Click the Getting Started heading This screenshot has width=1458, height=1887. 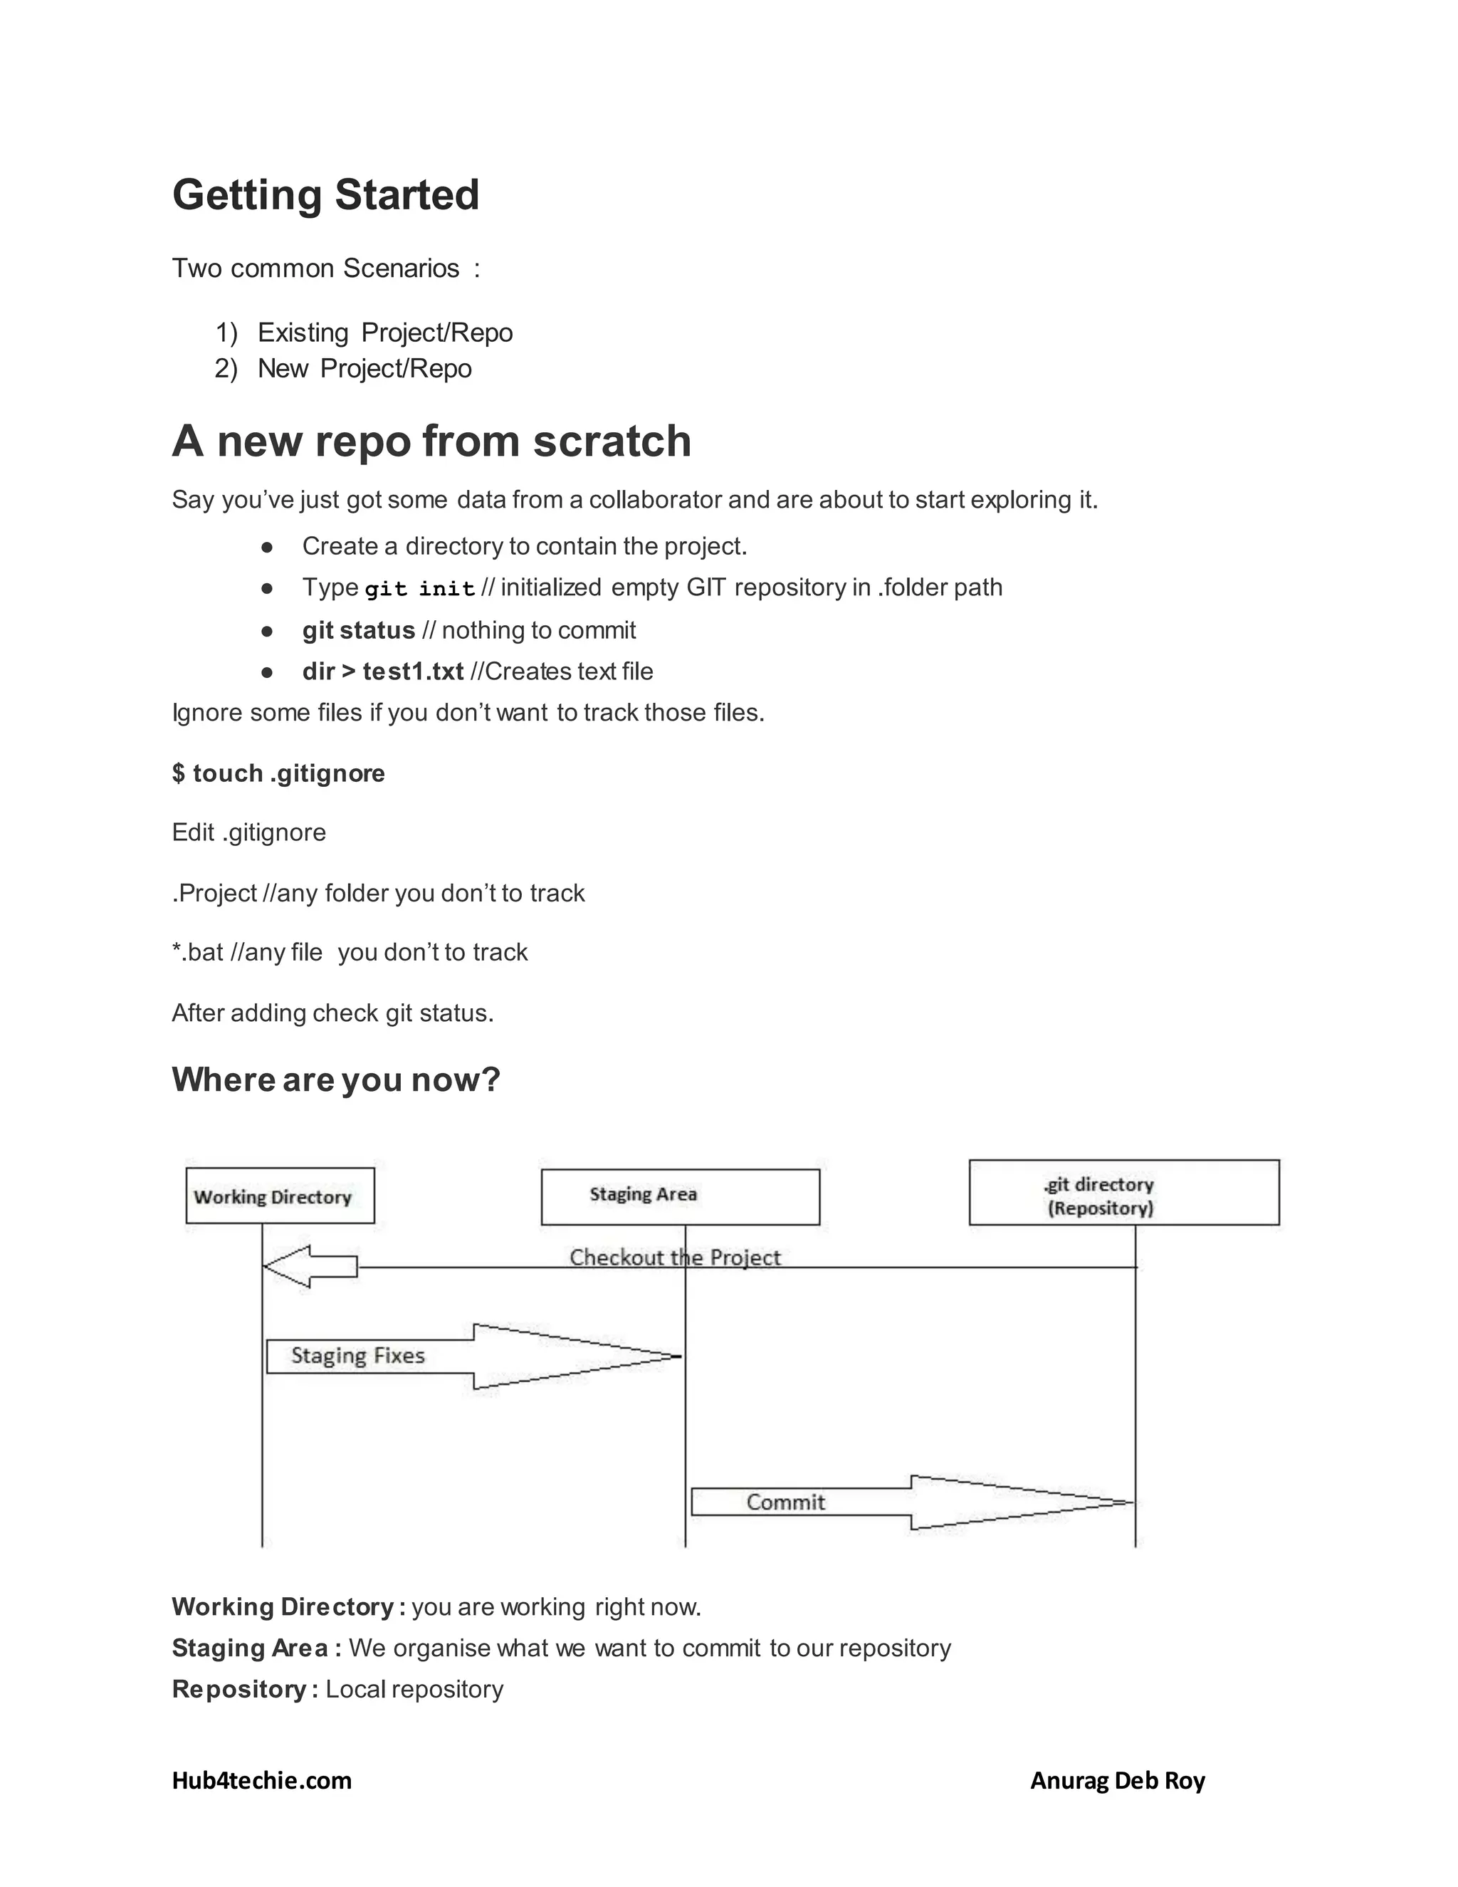tap(325, 194)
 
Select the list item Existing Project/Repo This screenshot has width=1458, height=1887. tap(384, 333)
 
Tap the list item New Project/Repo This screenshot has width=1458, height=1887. tap(364, 369)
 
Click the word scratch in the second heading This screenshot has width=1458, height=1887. tap(612, 441)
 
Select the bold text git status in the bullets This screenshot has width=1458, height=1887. tap(359, 631)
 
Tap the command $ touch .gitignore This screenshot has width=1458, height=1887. tap(278, 773)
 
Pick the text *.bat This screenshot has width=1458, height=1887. tap(198, 952)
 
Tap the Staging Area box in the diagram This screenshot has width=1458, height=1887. tap(680, 1197)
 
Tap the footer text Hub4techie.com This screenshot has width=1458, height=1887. tap(262, 1781)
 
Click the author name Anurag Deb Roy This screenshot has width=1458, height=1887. tap(1117, 1781)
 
